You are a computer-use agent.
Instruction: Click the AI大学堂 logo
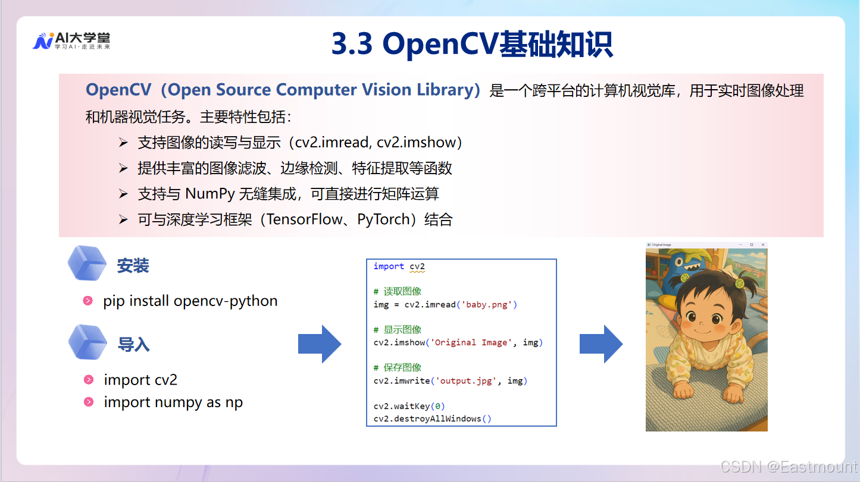71,40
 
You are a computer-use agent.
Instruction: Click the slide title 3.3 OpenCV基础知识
472,44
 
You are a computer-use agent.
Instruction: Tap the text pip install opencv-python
190,301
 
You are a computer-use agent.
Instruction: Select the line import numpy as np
173,402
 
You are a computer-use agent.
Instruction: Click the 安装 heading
133,266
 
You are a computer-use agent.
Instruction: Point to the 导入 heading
133,345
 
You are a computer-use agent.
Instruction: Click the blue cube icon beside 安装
87,263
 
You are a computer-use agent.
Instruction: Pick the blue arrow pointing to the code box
320,344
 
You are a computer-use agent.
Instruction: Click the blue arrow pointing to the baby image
601,344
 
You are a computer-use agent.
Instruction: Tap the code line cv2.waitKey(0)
409,407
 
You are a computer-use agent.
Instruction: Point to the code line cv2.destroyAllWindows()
433,419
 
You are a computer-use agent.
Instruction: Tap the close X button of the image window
763,245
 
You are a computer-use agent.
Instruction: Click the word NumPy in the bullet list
208,194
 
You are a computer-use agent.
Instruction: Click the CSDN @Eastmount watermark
788,467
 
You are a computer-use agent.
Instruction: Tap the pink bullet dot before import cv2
89,380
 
